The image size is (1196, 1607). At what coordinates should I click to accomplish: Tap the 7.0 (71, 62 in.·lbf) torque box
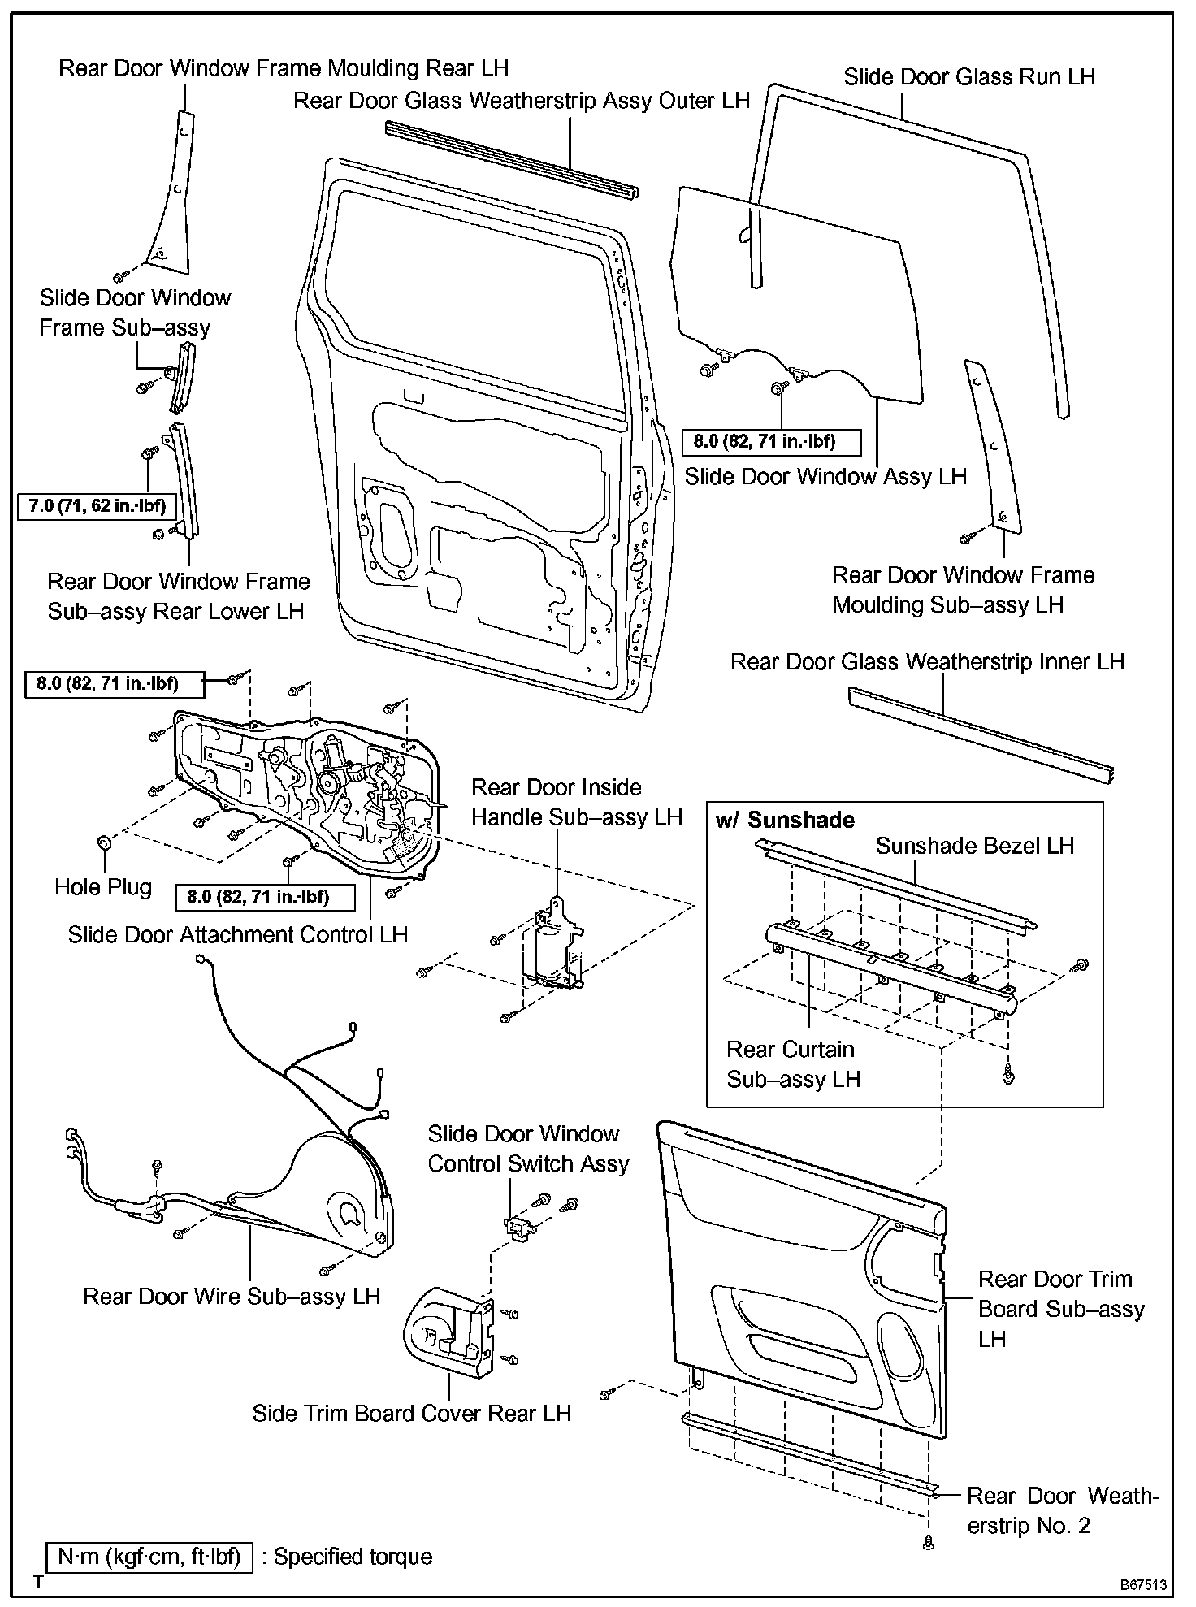coord(97,506)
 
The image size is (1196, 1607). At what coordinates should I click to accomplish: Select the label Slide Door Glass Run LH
coord(969,77)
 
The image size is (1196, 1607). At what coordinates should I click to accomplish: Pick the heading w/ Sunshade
coord(785,820)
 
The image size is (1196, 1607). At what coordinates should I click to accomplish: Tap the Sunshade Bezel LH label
coord(974,846)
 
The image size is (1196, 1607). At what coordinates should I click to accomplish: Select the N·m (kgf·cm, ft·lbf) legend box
coord(149,1557)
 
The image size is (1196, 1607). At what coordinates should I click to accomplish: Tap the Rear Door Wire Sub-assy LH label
coord(232,1296)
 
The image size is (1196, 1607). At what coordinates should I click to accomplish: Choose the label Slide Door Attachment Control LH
coord(237,934)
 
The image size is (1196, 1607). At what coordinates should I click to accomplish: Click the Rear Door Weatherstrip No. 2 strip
coord(808,1455)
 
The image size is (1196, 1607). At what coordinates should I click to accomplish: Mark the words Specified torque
coord(353,1557)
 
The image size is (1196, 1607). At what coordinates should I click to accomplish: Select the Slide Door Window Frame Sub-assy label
coord(135,313)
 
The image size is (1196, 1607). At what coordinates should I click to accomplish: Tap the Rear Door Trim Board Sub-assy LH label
coord(1060,1309)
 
